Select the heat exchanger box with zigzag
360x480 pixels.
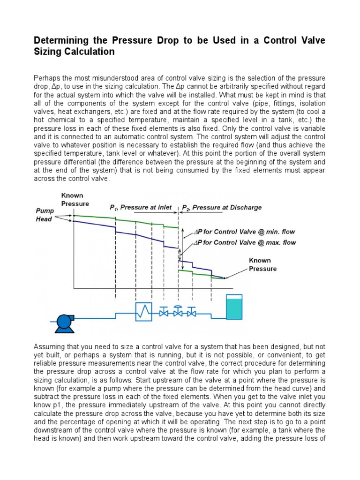(x=143, y=311)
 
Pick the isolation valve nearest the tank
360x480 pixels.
(x=192, y=312)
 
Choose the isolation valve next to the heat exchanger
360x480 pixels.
(x=164, y=312)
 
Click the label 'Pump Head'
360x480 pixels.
(x=45, y=215)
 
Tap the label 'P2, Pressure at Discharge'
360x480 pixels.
(x=221, y=207)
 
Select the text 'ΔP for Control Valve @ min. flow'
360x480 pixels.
(x=242, y=232)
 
